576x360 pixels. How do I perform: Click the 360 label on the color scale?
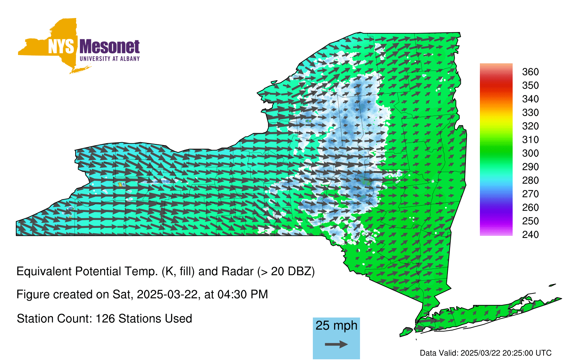(530, 72)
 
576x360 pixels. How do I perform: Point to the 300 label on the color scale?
(530, 153)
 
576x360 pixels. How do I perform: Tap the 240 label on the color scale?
(530, 234)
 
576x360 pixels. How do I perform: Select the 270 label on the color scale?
(530, 194)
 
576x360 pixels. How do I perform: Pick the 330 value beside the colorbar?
(530, 112)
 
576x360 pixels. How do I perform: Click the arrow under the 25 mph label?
(336, 344)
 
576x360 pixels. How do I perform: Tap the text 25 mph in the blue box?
(336, 325)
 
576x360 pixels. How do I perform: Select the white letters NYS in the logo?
(61, 46)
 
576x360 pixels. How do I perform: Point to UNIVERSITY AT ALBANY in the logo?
(110, 59)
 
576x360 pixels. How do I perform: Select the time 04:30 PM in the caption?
(243, 294)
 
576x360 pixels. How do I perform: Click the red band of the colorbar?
(496, 85)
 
